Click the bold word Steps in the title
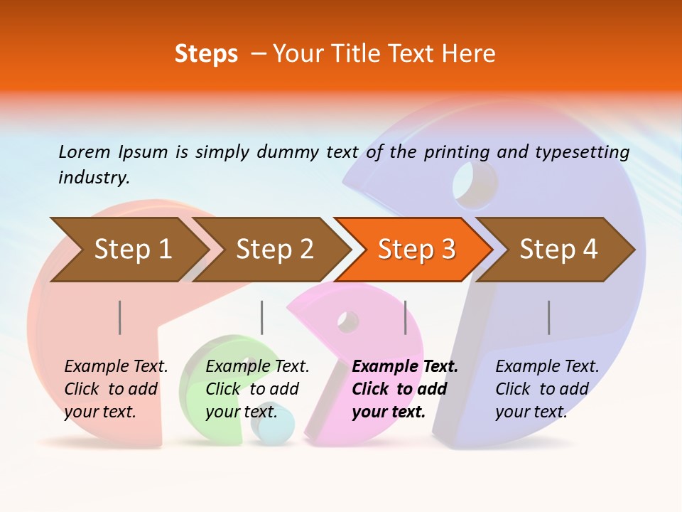point(206,54)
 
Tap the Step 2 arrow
point(274,249)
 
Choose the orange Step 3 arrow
point(416,249)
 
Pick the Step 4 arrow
point(558,249)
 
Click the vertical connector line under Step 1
point(119,317)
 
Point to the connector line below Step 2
point(261,317)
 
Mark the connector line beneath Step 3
point(405,317)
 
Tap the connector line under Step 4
point(548,317)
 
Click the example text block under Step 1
point(116,389)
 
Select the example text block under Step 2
point(257,389)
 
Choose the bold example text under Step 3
point(405,389)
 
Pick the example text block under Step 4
point(547,389)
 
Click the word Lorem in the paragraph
point(84,151)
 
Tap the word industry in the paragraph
point(94,178)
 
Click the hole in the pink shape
point(348,321)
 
